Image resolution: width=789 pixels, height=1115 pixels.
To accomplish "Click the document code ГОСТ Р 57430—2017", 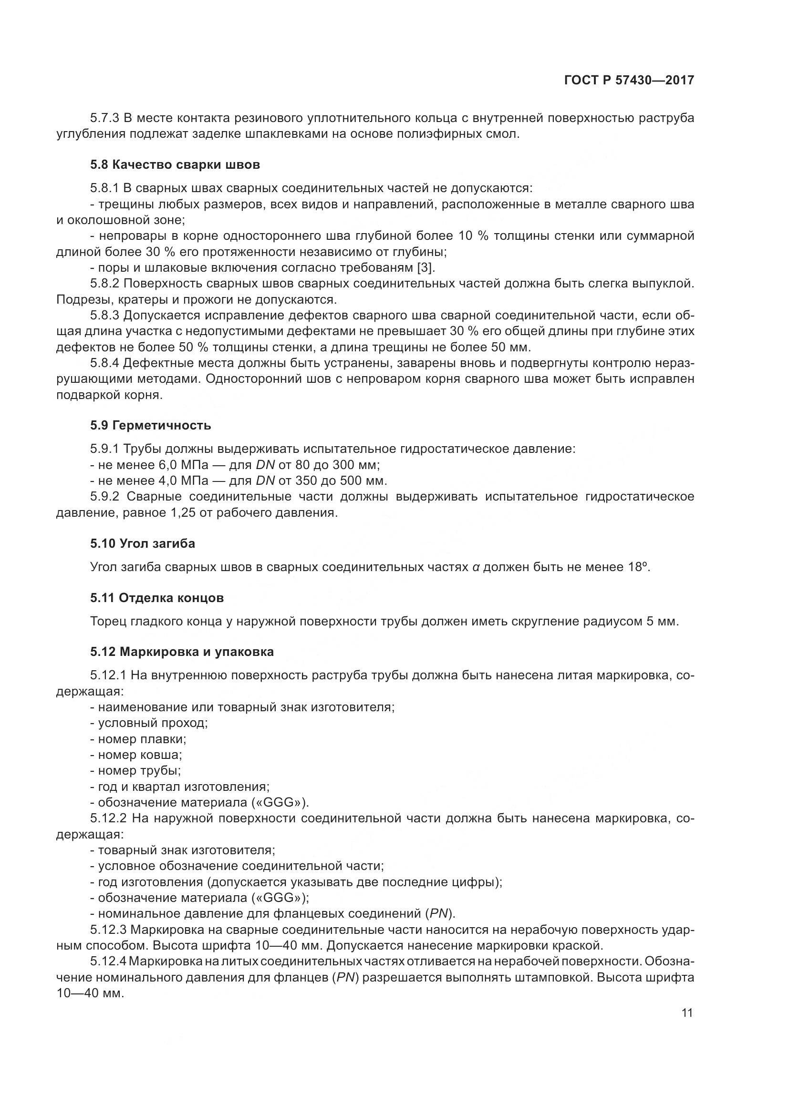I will [629, 80].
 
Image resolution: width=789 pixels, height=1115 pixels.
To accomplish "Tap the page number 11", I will [687, 1013].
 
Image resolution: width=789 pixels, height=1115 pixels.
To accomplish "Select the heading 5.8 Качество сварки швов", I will [175, 165].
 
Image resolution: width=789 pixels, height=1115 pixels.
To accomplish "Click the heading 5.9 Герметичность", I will [150, 426].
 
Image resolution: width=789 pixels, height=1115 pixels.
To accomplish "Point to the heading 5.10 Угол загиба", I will [142, 543].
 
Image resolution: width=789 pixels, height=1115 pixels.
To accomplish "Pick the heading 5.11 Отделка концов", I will [156, 598].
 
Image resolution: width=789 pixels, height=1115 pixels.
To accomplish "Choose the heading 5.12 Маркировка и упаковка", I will [181, 652].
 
